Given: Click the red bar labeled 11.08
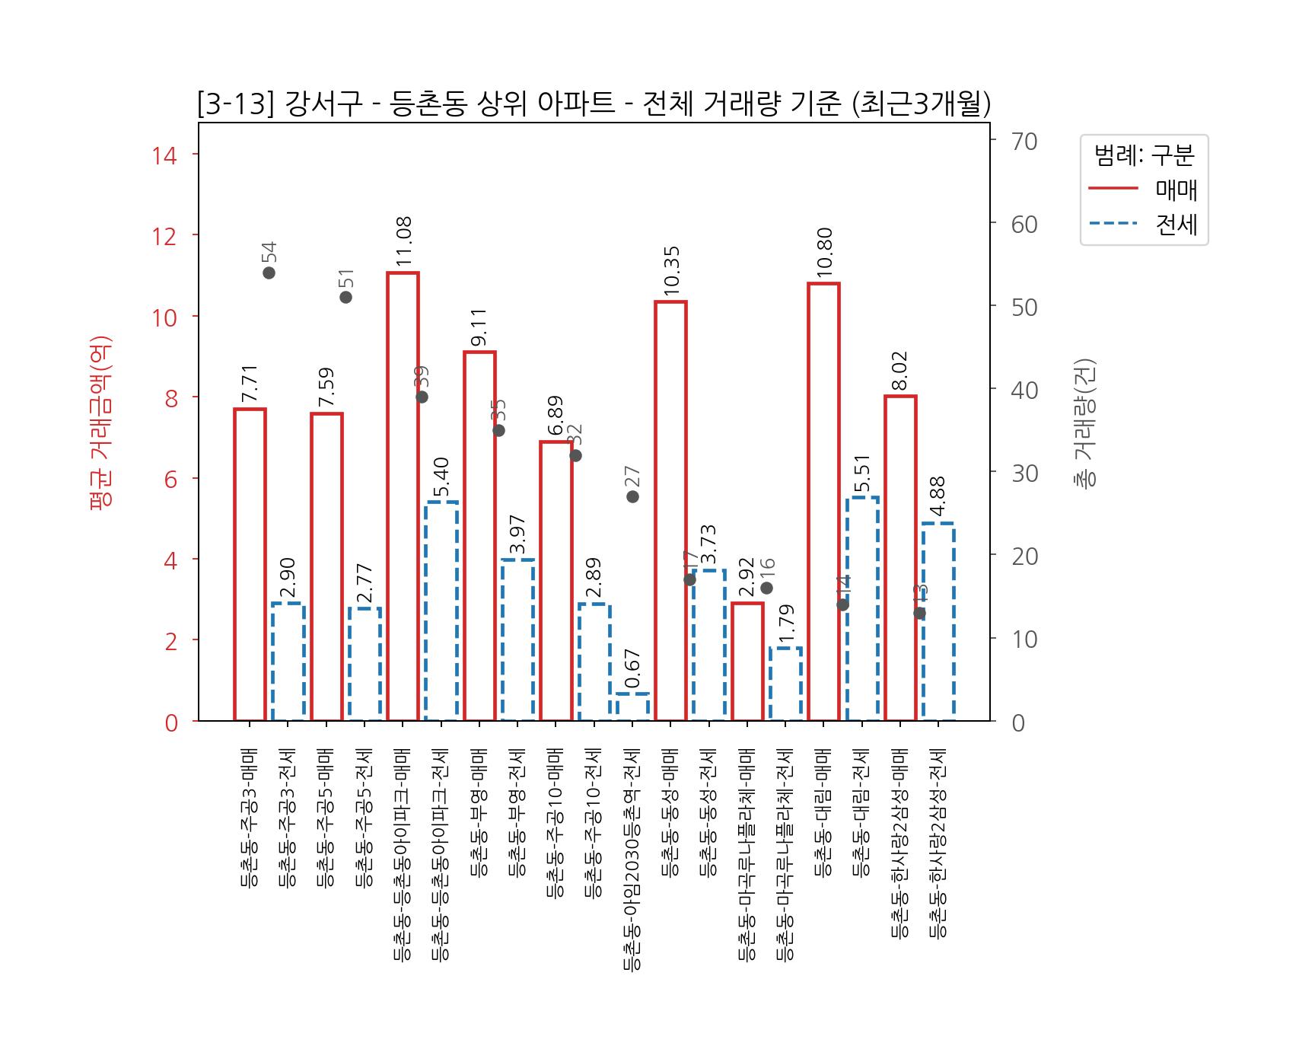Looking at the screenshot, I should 403,496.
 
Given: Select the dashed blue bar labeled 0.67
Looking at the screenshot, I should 632,706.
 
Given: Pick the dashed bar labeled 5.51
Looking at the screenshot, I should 862,608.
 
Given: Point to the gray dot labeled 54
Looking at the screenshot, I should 269,273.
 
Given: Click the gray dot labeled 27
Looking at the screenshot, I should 632,496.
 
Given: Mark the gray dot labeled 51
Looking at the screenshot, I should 345,297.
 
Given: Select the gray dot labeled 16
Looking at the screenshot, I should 766,588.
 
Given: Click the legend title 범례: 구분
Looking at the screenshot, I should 1144,155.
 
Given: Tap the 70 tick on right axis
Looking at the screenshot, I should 1024,142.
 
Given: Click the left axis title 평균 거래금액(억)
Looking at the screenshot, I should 101,423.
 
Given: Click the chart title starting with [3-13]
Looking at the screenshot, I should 594,104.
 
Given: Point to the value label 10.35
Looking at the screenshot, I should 671,271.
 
